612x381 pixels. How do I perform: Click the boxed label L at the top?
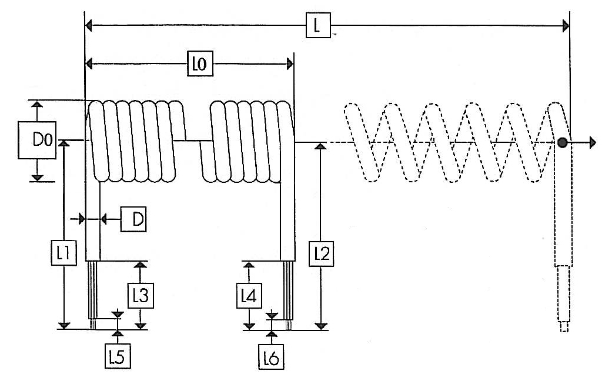click(x=318, y=25)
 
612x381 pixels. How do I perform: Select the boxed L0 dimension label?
click(x=200, y=63)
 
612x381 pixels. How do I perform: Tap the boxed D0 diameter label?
click(x=37, y=140)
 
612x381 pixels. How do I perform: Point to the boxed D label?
click(x=133, y=219)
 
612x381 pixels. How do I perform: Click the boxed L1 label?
click(x=63, y=253)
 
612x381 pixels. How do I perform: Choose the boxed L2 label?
click(x=321, y=254)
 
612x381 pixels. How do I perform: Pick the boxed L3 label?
click(x=141, y=296)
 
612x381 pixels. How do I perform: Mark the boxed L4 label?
click(x=249, y=296)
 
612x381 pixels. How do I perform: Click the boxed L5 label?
click(x=118, y=356)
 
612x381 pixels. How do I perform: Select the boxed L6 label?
click(x=271, y=356)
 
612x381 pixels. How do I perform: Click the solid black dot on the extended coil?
click(x=563, y=142)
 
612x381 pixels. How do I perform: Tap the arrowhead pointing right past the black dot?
click(x=593, y=142)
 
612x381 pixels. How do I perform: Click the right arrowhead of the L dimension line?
click(x=566, y=26)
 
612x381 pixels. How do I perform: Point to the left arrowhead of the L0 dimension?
click(x=89, y=63)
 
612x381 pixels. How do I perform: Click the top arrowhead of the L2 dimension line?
click(x=320, y=146)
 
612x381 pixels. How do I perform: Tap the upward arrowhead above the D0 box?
click(x=37, y=103)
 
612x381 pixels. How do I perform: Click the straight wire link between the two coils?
click(x=192, y=140)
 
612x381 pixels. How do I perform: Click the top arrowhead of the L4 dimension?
click(x=249, y=265)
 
